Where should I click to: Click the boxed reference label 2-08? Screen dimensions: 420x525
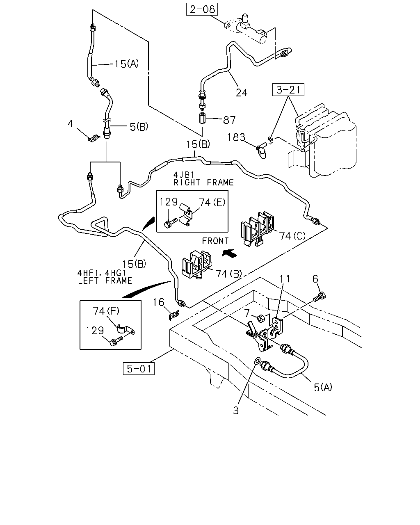(x=202, y=9)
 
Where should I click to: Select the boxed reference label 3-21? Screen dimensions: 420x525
(x=288, y=89)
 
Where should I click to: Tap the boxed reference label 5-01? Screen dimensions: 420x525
(x=139, y=369)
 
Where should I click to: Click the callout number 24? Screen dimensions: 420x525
(x=242, y=93)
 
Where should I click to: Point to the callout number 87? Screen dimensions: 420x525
(x=229, y=120)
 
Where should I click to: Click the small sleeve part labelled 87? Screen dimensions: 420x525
(x=202, y=118)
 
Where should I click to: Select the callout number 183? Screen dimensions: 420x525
(x=236, y=137)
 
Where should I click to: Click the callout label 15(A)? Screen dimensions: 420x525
(x=126, y=64)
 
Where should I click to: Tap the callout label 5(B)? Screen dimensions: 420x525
(x=139, y=127)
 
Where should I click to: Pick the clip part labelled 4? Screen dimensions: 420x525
(x=94, y=139)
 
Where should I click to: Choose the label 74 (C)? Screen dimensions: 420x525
(x=292, y=236)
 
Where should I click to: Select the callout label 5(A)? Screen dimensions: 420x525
(x=323, y=387)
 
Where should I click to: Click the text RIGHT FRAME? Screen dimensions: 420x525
(x=204, y=183)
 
